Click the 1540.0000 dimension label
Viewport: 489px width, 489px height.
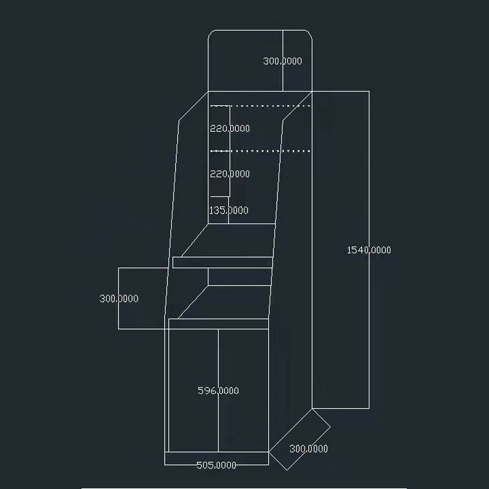pos(369,249)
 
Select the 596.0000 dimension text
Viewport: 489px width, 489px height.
pos(218,391)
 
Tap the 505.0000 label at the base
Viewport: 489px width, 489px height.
pos(216,465)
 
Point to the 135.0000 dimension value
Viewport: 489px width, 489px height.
pos(229,210)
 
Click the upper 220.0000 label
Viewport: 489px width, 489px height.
pos(230,128)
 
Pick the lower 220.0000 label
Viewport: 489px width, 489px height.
pos(230,174)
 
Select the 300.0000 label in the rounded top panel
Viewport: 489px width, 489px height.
pos(282,61)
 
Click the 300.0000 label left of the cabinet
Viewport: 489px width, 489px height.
pos(119,299)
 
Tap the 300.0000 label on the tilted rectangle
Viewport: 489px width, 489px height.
pos(308,448)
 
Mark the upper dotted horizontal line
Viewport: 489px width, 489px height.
pos(263,106)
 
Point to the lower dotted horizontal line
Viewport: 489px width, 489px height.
pos(263,150)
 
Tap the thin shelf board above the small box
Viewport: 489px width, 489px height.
pos(222,262)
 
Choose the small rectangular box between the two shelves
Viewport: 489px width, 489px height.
pos(239,277)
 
